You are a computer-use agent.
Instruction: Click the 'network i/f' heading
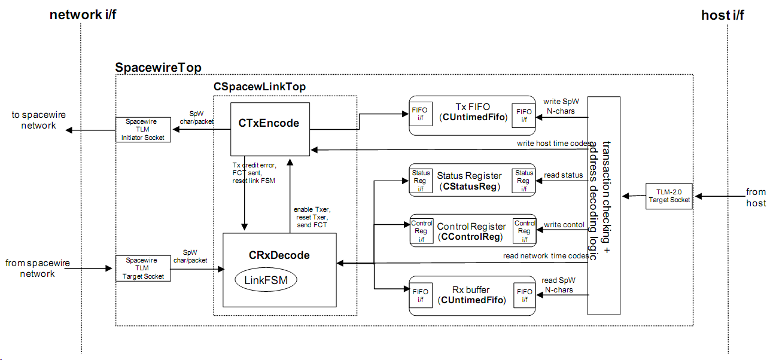(x=83, y=15)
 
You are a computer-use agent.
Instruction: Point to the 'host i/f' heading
(x=723, y=15)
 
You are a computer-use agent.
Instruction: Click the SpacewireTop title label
(x=158, y=67)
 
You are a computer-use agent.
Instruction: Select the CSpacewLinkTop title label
(x=260, y=87)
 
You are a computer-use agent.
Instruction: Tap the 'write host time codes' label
(x=555, y=144)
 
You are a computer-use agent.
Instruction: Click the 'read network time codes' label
(x=546, y=255)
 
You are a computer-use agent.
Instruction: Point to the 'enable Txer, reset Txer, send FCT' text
(x=312, y=217)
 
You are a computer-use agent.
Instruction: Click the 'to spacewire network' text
(x=39, y=120)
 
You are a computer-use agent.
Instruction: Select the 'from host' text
(x=756, y=197)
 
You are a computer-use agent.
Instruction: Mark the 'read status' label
(x=563, y=175)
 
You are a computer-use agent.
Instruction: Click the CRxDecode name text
(x=279, y=255)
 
